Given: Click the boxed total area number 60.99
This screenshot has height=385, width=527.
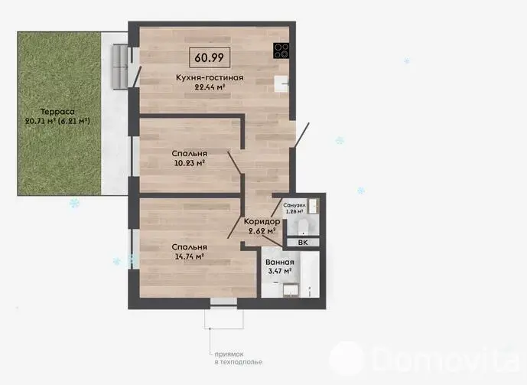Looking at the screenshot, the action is (209, 57).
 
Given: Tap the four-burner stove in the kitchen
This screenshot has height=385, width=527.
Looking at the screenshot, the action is (281, 51).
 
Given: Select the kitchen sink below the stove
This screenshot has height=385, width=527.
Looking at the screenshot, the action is (281, 83).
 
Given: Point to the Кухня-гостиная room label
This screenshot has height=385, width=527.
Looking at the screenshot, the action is (210, 77).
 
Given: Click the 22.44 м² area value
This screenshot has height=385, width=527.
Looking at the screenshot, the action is (210, 87).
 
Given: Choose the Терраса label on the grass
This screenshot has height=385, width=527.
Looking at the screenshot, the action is (57, 112).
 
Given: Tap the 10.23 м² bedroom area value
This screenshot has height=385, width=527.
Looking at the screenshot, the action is (189, 163).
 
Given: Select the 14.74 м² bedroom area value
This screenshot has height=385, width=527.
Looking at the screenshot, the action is (189, 256).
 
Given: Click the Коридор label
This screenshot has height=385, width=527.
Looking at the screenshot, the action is (262, 221).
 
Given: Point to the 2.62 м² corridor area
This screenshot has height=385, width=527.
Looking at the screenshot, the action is (262, 231).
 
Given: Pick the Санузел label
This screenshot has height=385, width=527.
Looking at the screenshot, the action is (294, 205).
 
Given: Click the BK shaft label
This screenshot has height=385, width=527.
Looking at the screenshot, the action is (303, 243).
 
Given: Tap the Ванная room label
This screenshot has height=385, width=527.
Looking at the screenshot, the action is (280, 263).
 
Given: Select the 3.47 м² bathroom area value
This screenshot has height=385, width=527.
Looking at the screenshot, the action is (280, 271).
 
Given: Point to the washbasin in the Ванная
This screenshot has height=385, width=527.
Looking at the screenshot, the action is (291, 291).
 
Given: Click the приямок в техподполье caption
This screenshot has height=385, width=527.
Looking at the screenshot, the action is (239, 358).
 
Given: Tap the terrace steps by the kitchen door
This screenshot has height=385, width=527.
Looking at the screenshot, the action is (119, 67).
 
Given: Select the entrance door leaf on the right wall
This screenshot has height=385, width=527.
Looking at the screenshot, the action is (301, 135).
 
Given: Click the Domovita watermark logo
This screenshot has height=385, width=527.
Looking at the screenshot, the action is (425, 360).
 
